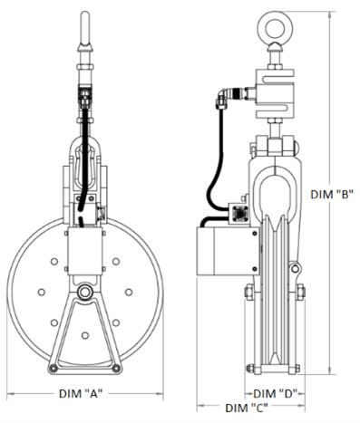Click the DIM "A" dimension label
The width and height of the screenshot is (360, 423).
(81, 394)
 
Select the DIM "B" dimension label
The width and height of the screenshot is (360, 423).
(332, 195)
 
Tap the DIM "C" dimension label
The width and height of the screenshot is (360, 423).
(247, 409)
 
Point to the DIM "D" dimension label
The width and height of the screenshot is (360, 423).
(275, 394)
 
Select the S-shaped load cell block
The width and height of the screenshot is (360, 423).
(275, 93)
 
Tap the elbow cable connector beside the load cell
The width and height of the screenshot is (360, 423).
(223, 97)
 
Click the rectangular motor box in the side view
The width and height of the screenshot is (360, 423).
(228, 251)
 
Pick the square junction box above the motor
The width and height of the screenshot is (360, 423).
(239, 213)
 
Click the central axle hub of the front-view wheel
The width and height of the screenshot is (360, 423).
(85, 292)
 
